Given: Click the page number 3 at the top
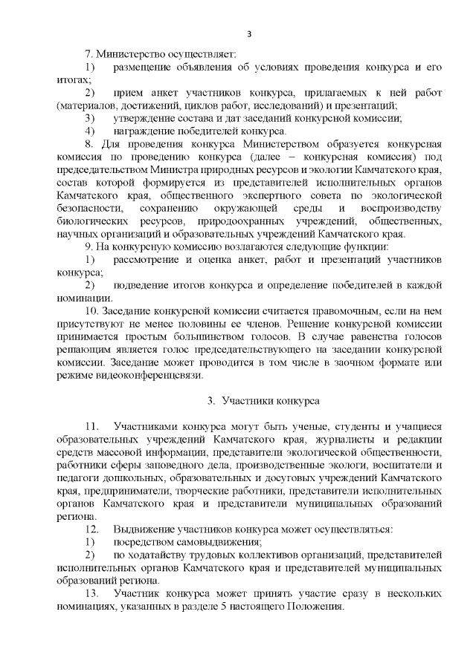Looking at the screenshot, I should pyautogui.click(x=250, y=33).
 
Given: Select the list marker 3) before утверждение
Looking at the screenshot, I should pyautogui.click(x=89, y=117).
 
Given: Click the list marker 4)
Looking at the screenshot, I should pyautogui.click(x=89, y=130).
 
